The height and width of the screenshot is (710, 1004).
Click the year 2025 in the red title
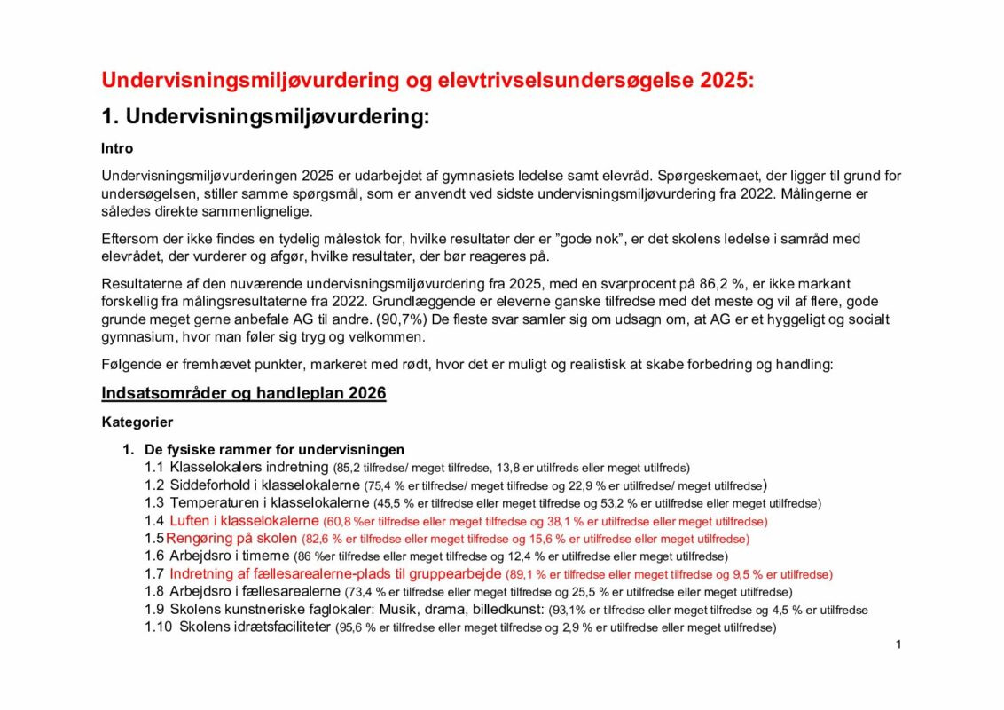[725, 80]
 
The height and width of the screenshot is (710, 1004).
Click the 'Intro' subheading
[117, 148]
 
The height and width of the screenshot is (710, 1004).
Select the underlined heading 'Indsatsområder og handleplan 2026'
[244, 393]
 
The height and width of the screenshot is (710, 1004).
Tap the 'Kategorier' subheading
[137, 422]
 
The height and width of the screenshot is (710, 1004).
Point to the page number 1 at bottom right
[898, 643]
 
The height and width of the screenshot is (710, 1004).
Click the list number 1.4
[154, 521]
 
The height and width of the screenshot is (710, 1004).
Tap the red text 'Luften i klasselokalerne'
[244, 521]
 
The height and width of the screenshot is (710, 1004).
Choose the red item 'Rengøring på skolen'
[233, 539]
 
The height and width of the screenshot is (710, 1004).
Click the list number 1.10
[158, 627]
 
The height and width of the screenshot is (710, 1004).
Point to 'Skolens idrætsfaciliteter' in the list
[255, 627]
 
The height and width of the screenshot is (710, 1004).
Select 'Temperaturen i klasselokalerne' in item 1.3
[264, 503]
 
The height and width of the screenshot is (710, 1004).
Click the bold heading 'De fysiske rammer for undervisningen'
[274, 449]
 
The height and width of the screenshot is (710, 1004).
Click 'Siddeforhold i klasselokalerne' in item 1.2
[264, 485]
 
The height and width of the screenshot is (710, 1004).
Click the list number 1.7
[154, 574]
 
